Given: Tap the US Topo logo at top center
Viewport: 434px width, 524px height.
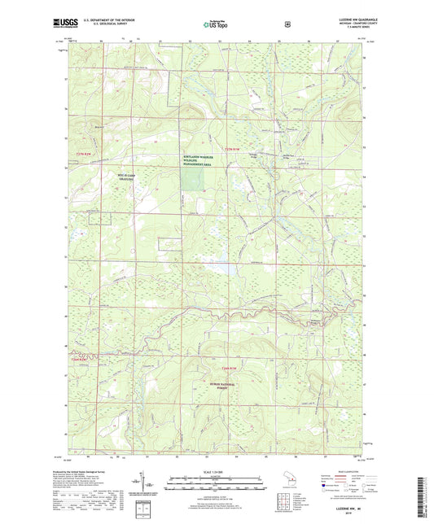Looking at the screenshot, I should [x=217, y=24].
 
